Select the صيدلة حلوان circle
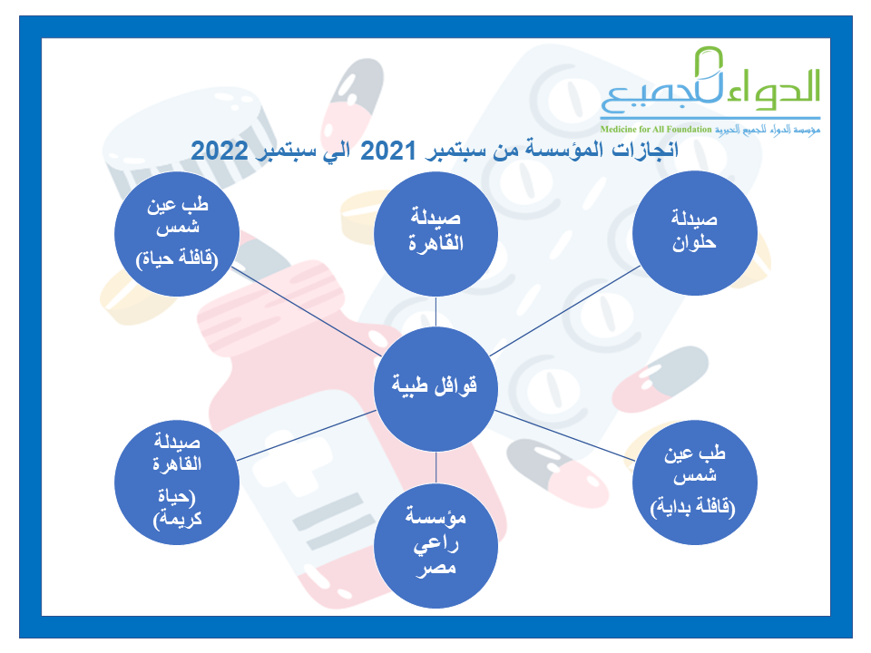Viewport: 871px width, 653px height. click(x=694, y=233)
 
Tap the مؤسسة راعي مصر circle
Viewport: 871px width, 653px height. click(x=435, y=545)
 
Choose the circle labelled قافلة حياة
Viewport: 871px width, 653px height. click(x=177, y=234)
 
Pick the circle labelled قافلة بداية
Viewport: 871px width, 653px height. click(x=694, y=482)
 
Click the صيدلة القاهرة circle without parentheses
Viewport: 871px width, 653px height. click(x=435, y=234)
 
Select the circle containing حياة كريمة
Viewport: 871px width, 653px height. click(x=177, y=482)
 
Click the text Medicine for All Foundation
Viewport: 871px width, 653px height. click(x=655, y=130)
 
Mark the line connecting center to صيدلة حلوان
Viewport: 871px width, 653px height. click(x=565, y=311)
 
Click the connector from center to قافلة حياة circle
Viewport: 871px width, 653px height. click(x=306, y=311)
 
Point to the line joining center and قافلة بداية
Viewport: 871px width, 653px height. click(x=564, y=435)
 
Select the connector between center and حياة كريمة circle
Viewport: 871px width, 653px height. click(x=307, y=435)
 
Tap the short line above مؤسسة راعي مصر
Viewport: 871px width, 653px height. click(x=436, y=468)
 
